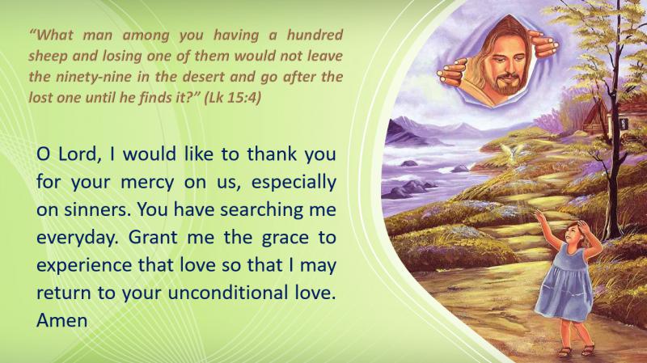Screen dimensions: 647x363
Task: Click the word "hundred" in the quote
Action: pyautogui.click(x=315, y=35)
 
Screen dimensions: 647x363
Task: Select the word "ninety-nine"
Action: pyautogui.click(x=96, y=77)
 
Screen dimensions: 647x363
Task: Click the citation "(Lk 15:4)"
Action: pyautogui.click(x=233, y=98)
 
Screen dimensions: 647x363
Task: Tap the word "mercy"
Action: pyautogui.click(x=147, y=183)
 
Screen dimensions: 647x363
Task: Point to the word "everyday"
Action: pyautogui.click(x=77, y=238)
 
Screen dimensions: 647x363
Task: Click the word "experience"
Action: pyautogui.click(x=84, y=266)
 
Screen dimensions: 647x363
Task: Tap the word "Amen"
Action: pyautogui.click(x=62, y=320)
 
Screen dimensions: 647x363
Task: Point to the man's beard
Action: pyautogui.click(x=505, y=85)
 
